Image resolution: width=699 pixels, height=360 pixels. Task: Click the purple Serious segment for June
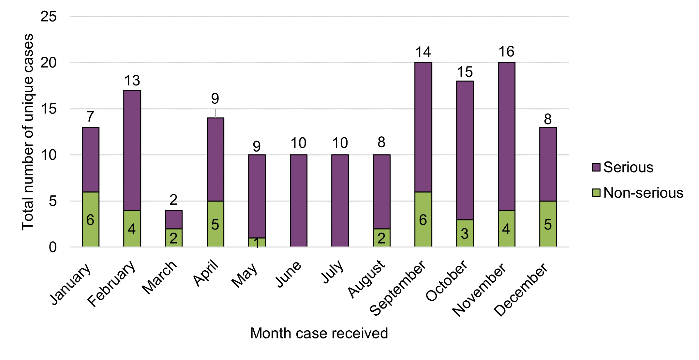coord(298,201)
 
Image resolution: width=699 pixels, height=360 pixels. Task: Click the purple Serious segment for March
coord(173,219)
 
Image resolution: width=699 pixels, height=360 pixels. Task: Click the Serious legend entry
coord(628,167)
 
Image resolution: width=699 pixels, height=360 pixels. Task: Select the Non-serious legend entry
coord(643,193)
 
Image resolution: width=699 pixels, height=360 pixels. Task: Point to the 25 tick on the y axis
coord(49,16)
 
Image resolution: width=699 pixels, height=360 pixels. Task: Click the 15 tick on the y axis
coord(49,109)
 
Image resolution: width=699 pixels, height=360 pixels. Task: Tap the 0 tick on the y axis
coord(52,247)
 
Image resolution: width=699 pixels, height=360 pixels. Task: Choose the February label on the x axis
coord(112,284)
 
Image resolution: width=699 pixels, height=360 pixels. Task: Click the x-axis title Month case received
coord(319,333)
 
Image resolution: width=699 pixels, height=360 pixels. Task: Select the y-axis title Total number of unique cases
coord(27,132)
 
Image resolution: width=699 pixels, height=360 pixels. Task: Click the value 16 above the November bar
coord(506,52)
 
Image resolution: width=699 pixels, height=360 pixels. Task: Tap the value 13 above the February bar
coord(132,80)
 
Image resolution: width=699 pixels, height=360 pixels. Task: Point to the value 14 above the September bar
coord(423,52)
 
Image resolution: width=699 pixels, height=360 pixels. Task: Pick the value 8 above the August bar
coord(381,142)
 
